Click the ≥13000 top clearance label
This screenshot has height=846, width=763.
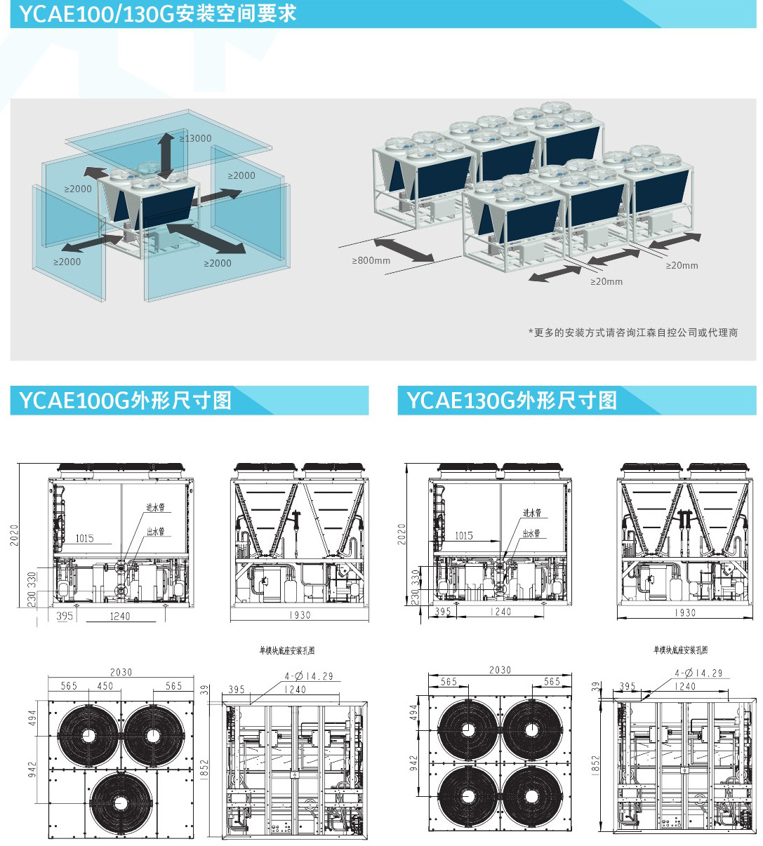195,138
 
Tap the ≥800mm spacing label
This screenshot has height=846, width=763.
371,260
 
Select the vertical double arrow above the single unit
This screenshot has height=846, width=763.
166,155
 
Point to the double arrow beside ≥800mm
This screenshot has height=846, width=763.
404,250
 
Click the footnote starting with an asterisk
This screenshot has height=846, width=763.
632,333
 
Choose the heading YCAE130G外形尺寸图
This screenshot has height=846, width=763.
512,401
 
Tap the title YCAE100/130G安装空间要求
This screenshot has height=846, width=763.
157,13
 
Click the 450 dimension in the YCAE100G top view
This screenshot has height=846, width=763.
105,686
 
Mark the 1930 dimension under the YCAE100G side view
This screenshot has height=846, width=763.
300,615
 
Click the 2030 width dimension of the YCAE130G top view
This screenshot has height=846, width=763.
500,670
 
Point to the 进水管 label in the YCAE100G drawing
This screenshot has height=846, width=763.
155,507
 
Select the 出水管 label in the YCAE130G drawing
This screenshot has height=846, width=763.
531,533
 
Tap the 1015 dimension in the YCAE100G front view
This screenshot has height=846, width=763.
84,538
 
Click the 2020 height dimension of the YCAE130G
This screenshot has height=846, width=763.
402,534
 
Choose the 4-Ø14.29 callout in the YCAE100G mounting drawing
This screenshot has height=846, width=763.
310,676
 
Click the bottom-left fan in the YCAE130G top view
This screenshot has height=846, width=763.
467,795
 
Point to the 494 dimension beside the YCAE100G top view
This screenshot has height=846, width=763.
33,718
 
